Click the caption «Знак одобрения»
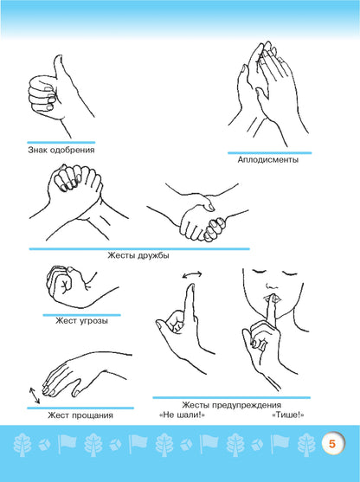[61, 150]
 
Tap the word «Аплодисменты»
[268, 160]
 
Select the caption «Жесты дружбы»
[138, 255]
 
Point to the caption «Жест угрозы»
[81, 321]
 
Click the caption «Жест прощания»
[80, 415]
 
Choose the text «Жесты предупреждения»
[232, 405]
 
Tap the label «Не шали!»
[183, 415]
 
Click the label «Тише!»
[288, 415]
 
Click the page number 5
[332, 444]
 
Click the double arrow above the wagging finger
[192, 274]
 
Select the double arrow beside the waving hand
[35, 395]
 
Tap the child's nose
[271, 285]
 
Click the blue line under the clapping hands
[270, 153]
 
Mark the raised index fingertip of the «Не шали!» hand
[191, 286]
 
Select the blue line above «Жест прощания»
[80, 408]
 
